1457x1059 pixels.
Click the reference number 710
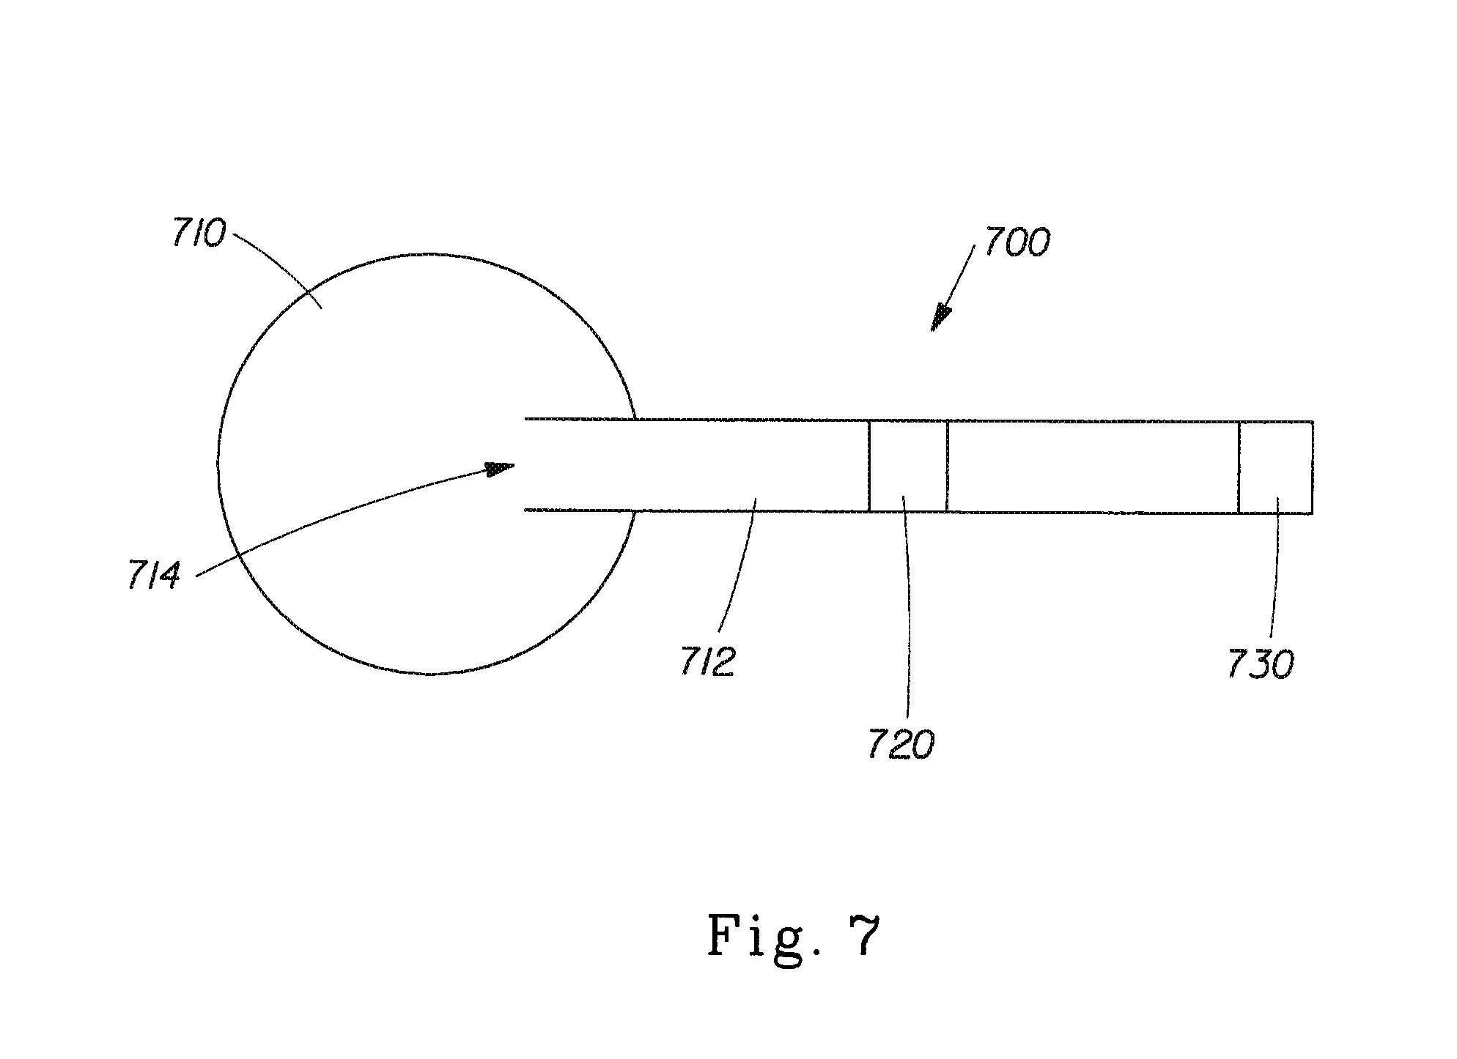pyautogui.click(x=199, y=234)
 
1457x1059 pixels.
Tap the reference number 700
pyautogui.click(x=1017, y=242)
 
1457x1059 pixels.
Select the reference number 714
pyautogui.click(x=154, y=576)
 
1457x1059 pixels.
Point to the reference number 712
pyautogui.click(x=707, y=661)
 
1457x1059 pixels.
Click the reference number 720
pyautogui.click(x=901, y=745)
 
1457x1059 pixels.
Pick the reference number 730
pyautogui.click(x=1261, y=664)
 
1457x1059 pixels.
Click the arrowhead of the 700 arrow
pyautogui.click(x=941, y=319)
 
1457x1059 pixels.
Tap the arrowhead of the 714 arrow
pyautogui.click(x=501, y=468)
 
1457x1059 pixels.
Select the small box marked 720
pyautogui.click(x=908, y=466)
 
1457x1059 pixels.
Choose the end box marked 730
pyautogui.click(x=1275, y=467)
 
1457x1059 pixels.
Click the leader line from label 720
pyautogui.click(x=909, y=608)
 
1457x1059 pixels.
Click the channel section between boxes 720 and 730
pyautogui.click(x=1093, y=467)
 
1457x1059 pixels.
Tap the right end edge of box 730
pyautogui.click(x=1312, y=467)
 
